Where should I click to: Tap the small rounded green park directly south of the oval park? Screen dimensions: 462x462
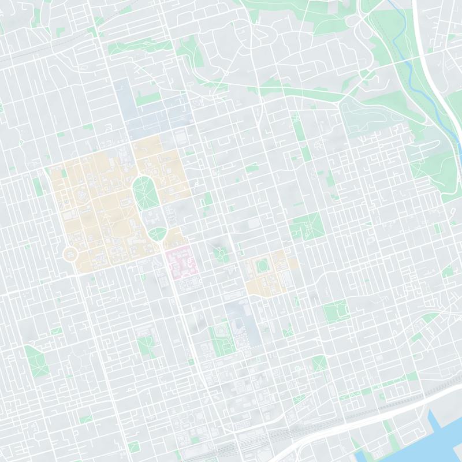point(157,234)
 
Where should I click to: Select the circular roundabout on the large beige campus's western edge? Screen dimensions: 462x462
point(70,254)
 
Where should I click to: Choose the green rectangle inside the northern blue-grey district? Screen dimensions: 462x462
point(147,100)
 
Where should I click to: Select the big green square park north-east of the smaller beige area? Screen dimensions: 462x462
point(306,225)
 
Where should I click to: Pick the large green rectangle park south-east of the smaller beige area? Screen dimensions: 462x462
point(335,312)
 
